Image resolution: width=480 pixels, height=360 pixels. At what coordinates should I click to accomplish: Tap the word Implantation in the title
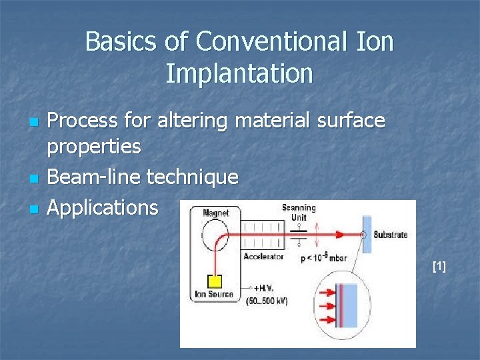point(239,73)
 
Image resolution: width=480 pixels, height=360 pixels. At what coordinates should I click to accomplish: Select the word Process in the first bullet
point(84,121)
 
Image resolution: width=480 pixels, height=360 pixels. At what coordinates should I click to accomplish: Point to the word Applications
point(103,207)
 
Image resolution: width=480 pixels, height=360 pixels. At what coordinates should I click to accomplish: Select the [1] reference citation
point(439,267)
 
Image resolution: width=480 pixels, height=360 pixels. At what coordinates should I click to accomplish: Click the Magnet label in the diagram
point(215,213)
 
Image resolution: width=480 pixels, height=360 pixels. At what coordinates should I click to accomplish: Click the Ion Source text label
point(214,294)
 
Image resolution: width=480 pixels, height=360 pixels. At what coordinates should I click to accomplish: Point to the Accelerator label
point(263,257)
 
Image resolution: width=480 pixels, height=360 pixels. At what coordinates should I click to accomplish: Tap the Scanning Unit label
point(298,212)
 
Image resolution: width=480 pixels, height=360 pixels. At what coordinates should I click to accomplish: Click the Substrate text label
point(390,235)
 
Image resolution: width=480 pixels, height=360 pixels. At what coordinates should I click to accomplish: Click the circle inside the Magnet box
point(215,234)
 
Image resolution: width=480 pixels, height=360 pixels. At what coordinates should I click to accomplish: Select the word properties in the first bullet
point(94,147)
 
